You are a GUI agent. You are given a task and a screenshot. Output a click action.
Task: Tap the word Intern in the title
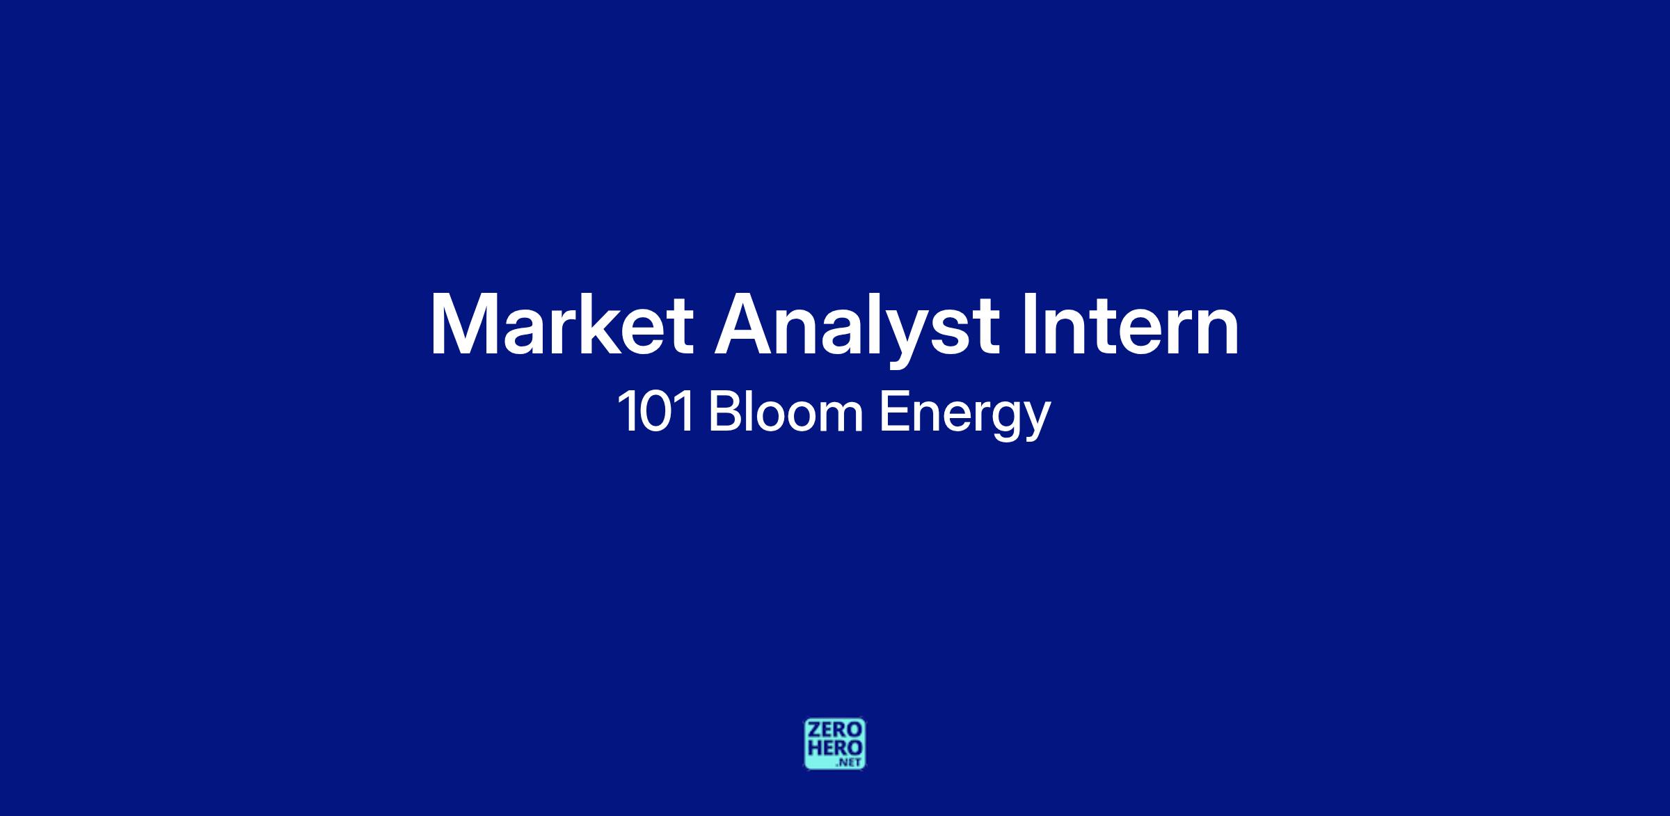point(1131,323)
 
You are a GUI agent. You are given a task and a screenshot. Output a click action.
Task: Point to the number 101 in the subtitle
point(655,413)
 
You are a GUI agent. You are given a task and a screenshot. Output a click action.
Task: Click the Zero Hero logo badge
point(835,744)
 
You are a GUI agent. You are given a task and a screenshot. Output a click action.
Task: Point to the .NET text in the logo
point(850,762)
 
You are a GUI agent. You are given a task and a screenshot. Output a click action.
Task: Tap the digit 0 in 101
point(655,413)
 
